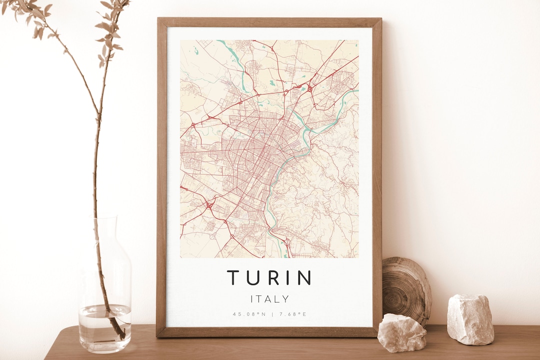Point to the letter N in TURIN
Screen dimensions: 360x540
(304, 277)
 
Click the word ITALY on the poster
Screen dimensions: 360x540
(269, 299)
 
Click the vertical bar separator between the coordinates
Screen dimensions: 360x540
(271, 314)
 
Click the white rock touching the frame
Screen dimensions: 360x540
(401, 332)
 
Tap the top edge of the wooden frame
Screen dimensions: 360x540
(269, 22)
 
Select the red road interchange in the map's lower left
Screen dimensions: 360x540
(208, 205)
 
